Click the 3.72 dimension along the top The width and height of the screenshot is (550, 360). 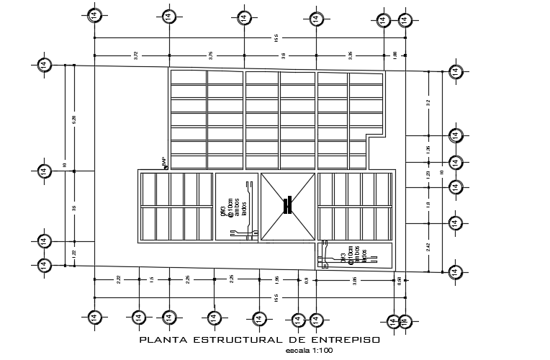[x=135, y=55]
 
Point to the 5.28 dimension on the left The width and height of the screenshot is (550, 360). [x=74, y=119]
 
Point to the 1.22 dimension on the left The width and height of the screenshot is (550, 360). [x=74, y=253]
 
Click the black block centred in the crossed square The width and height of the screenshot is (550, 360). [x=287, y=205]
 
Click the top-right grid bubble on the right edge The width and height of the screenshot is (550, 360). [x=454, y=71]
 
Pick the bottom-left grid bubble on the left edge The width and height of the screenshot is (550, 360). [x=44, y=265]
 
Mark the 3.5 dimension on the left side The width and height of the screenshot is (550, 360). [x=74, y=208]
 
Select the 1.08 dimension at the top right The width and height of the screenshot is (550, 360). [x=395, y=55]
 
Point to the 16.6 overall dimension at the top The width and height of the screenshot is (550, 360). [x=276, y=37]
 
